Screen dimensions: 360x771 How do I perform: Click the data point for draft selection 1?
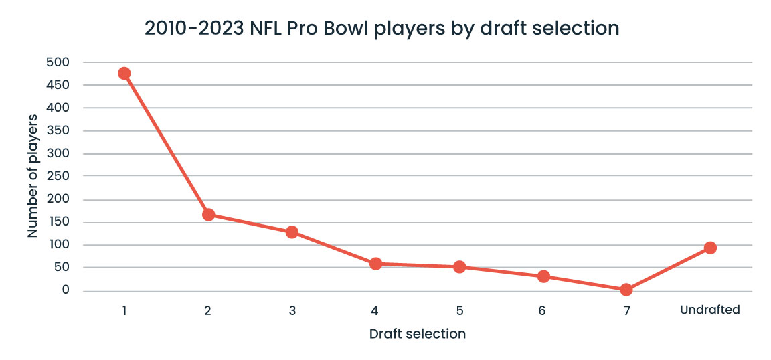point(124,73)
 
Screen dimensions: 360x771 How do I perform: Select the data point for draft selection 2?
point(208,215)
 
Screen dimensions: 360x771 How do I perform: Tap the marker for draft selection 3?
point(292,232)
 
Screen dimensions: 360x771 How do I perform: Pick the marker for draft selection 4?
point(375,264)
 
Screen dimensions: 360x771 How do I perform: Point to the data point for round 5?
point(459,267)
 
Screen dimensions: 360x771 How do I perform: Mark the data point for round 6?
point(543,276)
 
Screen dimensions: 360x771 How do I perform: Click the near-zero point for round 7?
point(626,290)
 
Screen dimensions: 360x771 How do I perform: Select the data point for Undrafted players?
point(710,248)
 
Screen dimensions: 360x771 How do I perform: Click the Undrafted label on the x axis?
point(710,310)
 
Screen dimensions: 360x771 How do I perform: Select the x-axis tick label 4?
point(375,310)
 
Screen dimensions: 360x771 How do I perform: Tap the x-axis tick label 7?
point(626,310)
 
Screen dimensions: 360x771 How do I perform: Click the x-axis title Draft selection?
point(417,333)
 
